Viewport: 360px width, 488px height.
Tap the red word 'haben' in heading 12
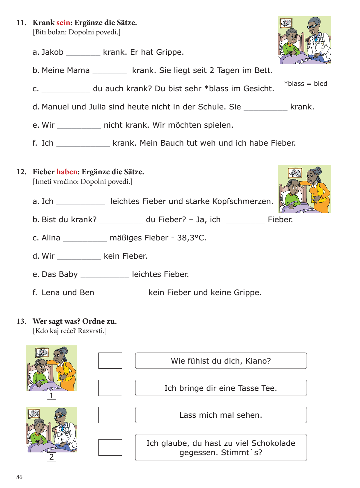pos(67,172)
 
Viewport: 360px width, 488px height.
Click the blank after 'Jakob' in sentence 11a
pos(83,53)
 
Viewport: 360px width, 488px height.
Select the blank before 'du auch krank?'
pos(66,89)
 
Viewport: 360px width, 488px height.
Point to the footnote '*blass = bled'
pos(306,84)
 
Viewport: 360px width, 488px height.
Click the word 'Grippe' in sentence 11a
pos(170,52)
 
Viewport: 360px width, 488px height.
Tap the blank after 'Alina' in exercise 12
pos(85,238)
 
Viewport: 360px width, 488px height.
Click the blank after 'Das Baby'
pos(105,275)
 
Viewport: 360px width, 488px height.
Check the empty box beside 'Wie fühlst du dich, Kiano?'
pos(110,361)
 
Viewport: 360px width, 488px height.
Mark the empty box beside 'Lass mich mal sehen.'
pos(110,415)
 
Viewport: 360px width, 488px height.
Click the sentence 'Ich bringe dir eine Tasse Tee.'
pos(221,388)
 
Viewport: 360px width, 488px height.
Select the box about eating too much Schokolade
pos(221,447)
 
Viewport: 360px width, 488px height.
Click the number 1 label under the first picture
pos(51,396)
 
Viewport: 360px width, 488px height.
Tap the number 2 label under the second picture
pos(51,457)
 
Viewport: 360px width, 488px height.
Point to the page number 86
pos(19,477)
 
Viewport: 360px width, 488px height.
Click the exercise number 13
pos(21,321)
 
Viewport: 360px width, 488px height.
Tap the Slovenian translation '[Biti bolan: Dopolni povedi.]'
pos(77,32)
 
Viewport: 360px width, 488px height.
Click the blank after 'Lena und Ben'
pos(121,293)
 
